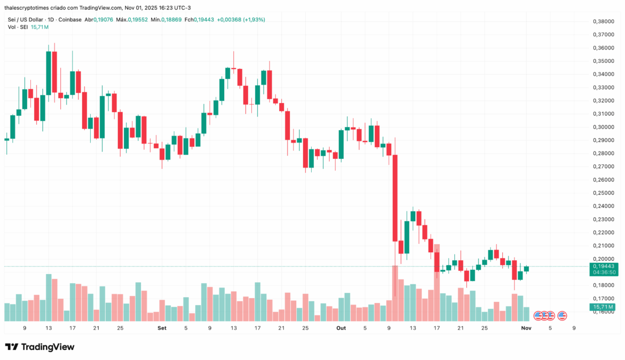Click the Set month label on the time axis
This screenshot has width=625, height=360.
tap(162, 328)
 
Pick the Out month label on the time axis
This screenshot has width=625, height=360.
tap(341, 328)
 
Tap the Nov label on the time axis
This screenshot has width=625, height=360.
tap(526, 328)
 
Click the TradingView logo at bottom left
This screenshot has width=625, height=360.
tap(40, 347)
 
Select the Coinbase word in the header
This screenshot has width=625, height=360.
tap(70, 20)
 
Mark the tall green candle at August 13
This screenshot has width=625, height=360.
tap(49, 73)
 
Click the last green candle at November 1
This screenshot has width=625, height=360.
tap(526, 269)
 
